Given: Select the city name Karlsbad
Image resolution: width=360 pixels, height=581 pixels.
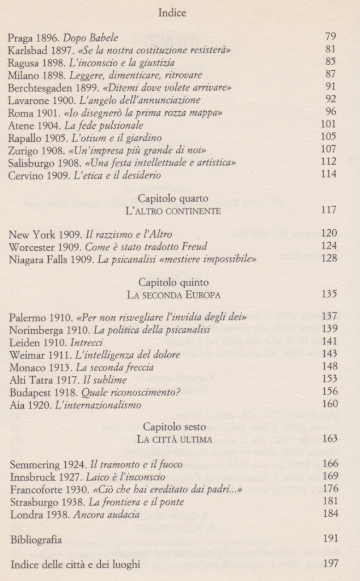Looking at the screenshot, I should coord(29,50).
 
